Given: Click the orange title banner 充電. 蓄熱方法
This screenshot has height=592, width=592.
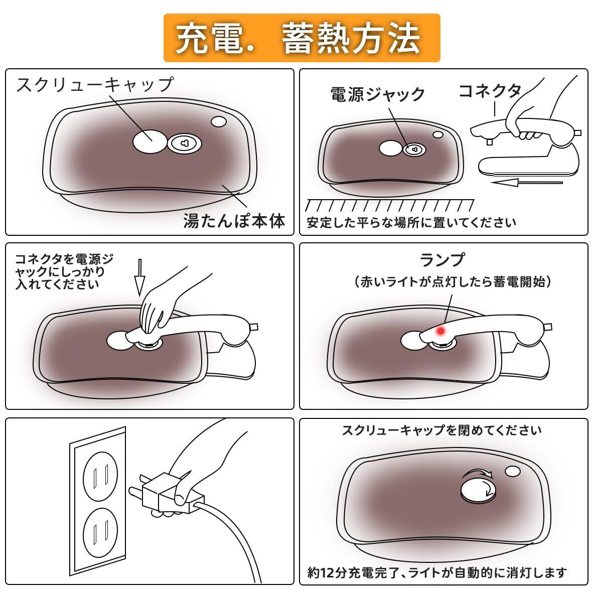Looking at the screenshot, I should (x=302, y=38).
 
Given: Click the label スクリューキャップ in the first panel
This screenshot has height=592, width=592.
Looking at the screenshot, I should (x=95, y=84).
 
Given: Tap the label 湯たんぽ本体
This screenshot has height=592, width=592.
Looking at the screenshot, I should (x=234, y=221).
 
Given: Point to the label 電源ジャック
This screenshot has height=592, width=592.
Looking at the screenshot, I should (x=377, y=94).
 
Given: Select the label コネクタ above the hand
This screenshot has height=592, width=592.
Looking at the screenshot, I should (x=490, y=91).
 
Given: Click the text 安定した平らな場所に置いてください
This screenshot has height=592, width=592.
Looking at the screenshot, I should (x=411, y=222).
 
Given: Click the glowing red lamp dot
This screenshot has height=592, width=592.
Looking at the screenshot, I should (x=441, y=331).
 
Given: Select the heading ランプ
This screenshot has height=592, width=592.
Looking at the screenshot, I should (x=442, y=260).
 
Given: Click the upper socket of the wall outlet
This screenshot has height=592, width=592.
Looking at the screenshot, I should (x=100, y=476).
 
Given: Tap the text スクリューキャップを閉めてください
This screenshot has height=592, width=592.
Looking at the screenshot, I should (x=441, y=430).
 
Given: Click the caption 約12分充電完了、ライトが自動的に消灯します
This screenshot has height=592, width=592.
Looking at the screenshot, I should (x=437, y=572).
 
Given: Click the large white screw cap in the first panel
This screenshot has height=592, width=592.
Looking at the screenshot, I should (x=150, y=141).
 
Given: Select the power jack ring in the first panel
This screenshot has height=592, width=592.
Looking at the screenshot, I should (x=184, y=143).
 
